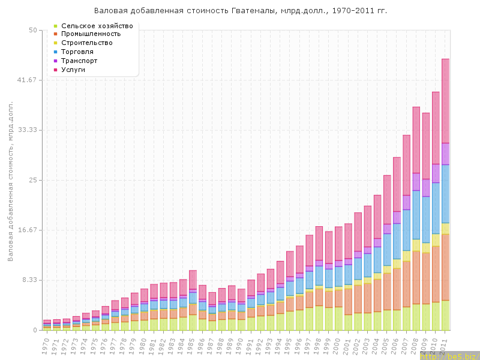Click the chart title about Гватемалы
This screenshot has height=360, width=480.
click(240, 11)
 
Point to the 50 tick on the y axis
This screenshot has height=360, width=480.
click(34, 30)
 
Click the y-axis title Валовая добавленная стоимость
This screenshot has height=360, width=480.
click(10, 180)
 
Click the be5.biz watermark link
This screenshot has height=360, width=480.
click(456, 356)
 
